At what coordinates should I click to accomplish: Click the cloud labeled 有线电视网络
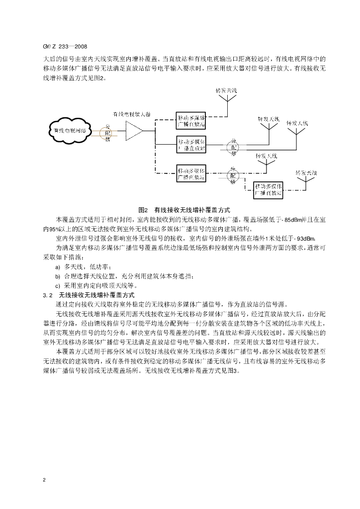70,131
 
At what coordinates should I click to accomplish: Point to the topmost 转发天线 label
226,90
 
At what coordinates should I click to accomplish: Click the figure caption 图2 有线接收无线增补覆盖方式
183,210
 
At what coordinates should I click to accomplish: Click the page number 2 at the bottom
45,480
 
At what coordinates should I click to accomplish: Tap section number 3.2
48,295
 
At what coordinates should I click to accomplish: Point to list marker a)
58,267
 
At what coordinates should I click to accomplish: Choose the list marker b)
58,276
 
